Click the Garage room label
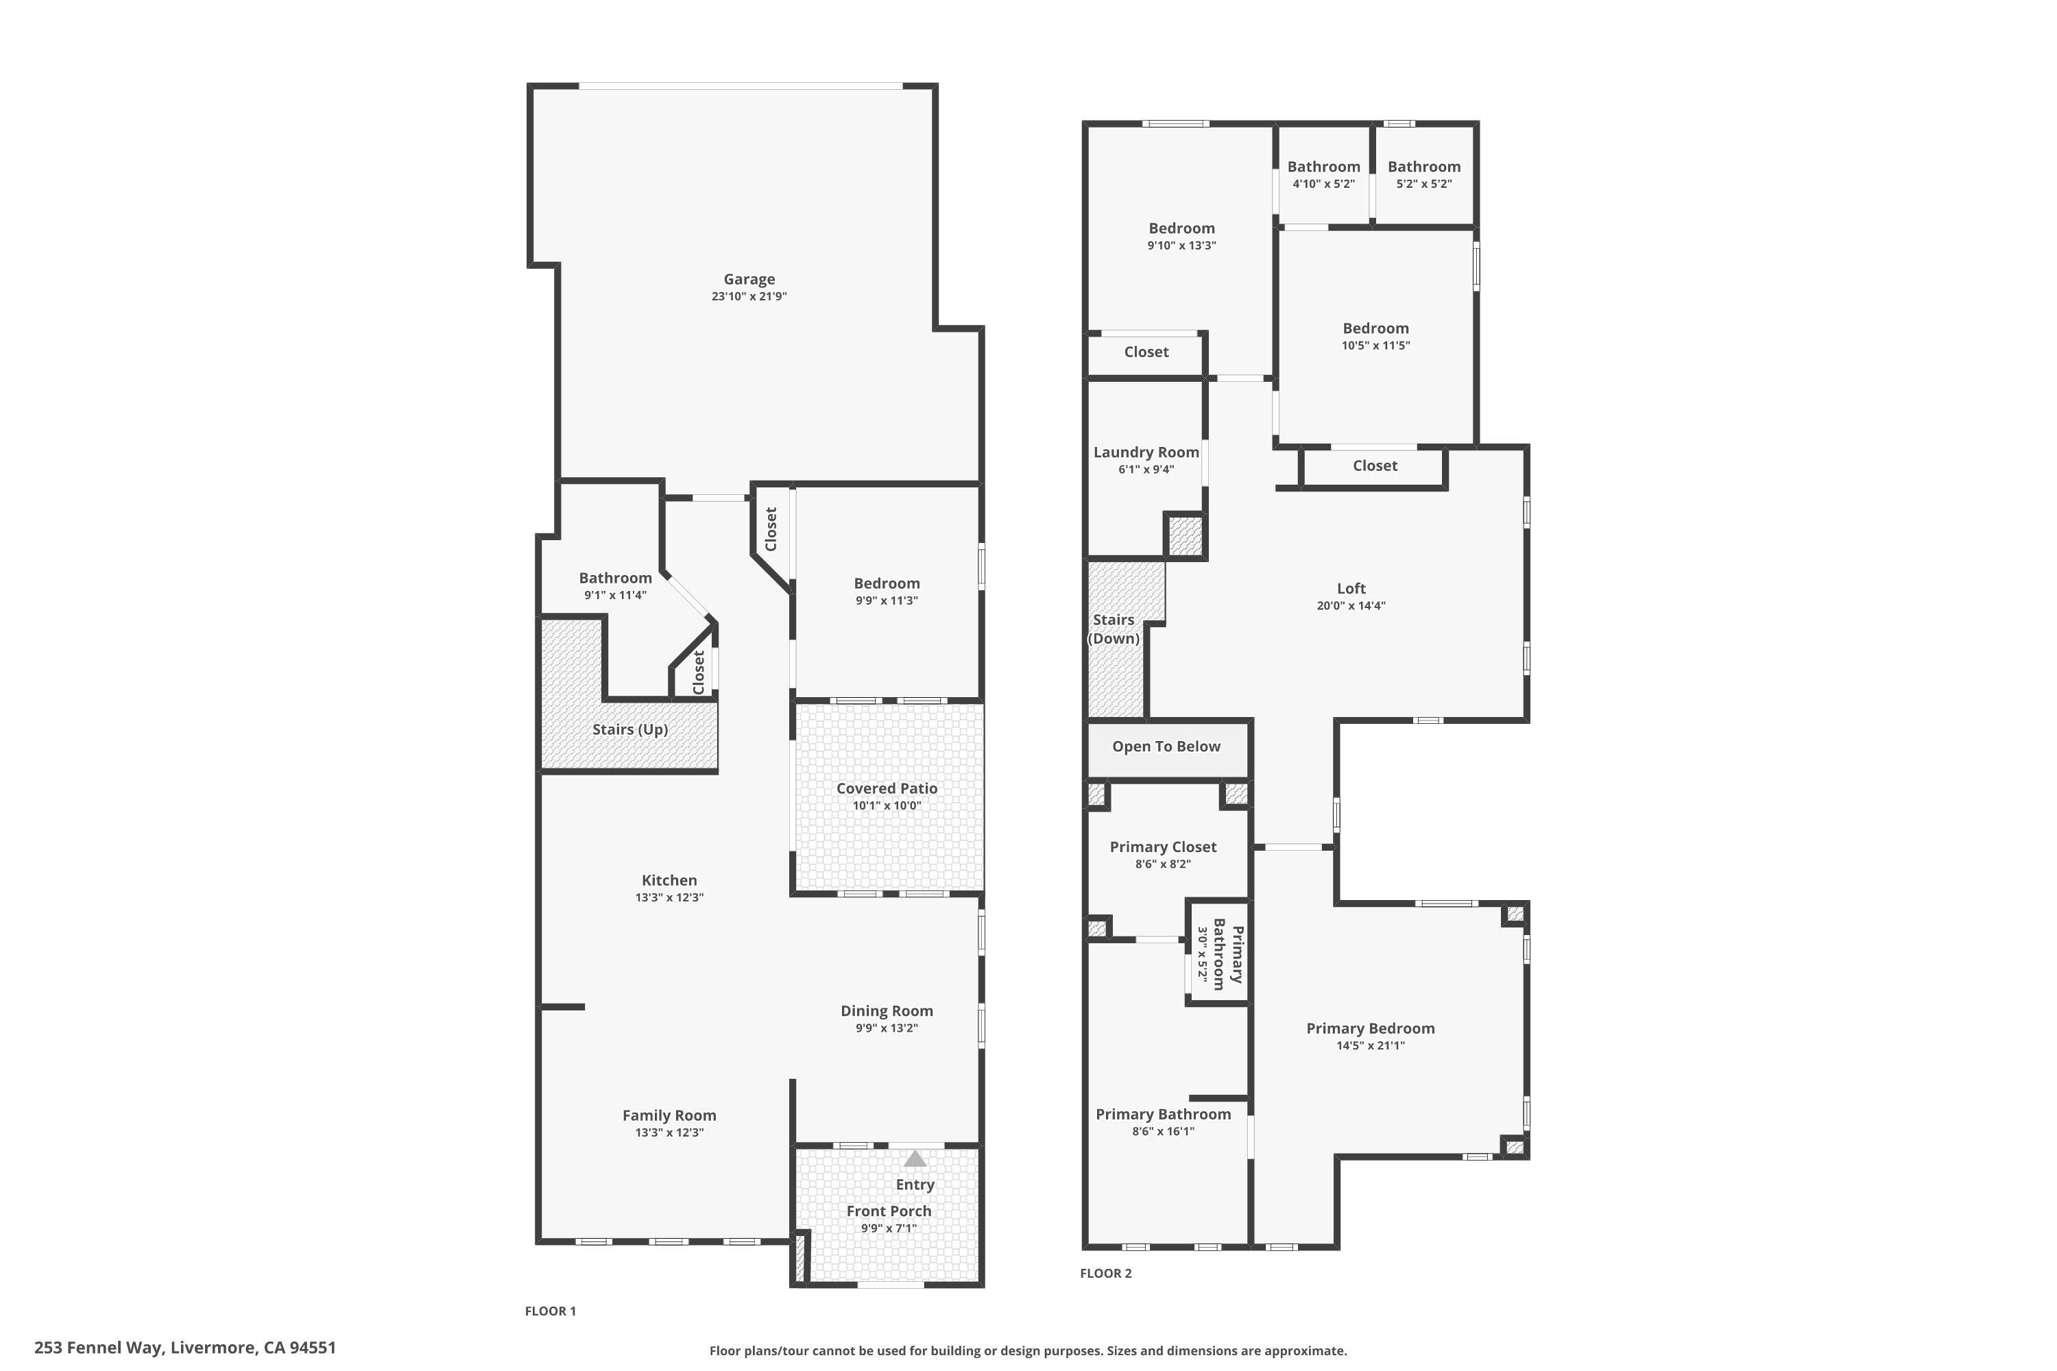click(x=749, y=279)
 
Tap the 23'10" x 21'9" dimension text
click(x=749, y=296)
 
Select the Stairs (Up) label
click(x=629, y=729)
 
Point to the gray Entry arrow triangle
click(x=915, y=1159)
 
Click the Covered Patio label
click(x=887, y=788)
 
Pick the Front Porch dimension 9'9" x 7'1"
click(x=889, y=1228)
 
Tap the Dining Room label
click(x=887, y=1010)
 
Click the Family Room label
click(x=669, y=1115)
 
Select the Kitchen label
click(x=669, y=880)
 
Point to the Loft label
click(x=1351, y=588)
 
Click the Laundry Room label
click(x=1146, y=452)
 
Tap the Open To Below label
click(x=1166, y=746)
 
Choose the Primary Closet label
click(x=1163, y=847)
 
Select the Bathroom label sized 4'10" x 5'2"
click(x=1323, y=166)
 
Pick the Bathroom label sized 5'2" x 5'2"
click(x=1424, y=166)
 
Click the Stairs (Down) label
click(x=1114, y=629)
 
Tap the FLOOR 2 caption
click(x=1105, y=1273)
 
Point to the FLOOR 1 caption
click(x=550, y=1311)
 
